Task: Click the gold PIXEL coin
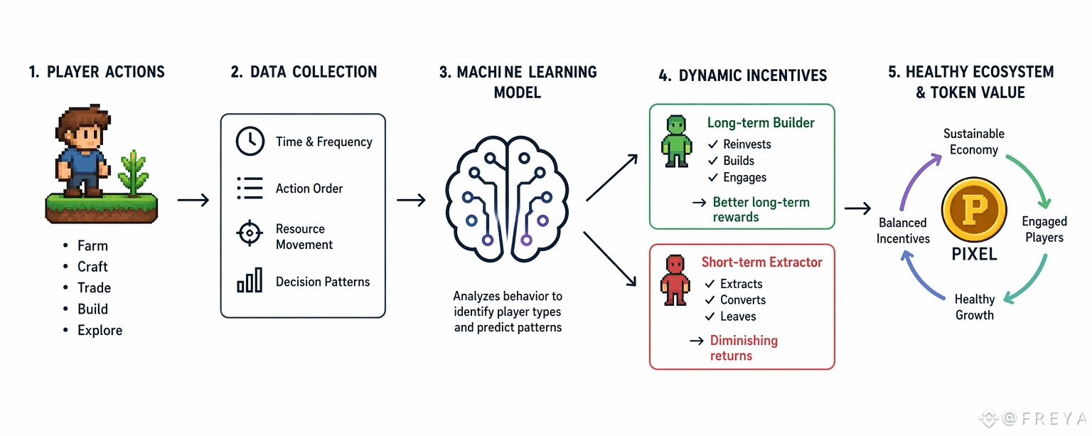[x=974, y=209]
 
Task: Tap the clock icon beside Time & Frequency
[x=250, y=142]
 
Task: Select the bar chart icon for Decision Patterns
[x=250, y=280]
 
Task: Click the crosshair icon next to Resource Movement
[x=250, y=233]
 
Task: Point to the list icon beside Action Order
[x=250, y=188]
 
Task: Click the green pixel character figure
[x=676, y=142]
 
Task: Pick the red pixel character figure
[x=675, y=280]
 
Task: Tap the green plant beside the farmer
[x=134, y=173]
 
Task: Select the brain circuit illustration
[x=507, y=199]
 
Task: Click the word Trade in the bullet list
[x=94, y=288]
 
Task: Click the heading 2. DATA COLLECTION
[x=304, y=72]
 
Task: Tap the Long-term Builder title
[x=761, y=123]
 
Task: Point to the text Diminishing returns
[x=744, y=348]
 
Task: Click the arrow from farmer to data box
[x=193, y=199]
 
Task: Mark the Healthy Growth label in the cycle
[x=975, y=307]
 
